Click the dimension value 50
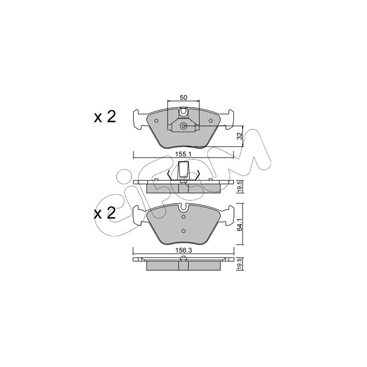[183, 98]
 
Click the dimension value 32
[239, 136]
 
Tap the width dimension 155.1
[183, 155]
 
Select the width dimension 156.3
[184, 250]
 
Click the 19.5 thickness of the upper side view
[239, 187]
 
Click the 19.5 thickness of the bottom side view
[239, 264]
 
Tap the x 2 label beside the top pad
[105, 117]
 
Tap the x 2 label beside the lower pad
[105, 213]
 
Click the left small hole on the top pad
[156, 121]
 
